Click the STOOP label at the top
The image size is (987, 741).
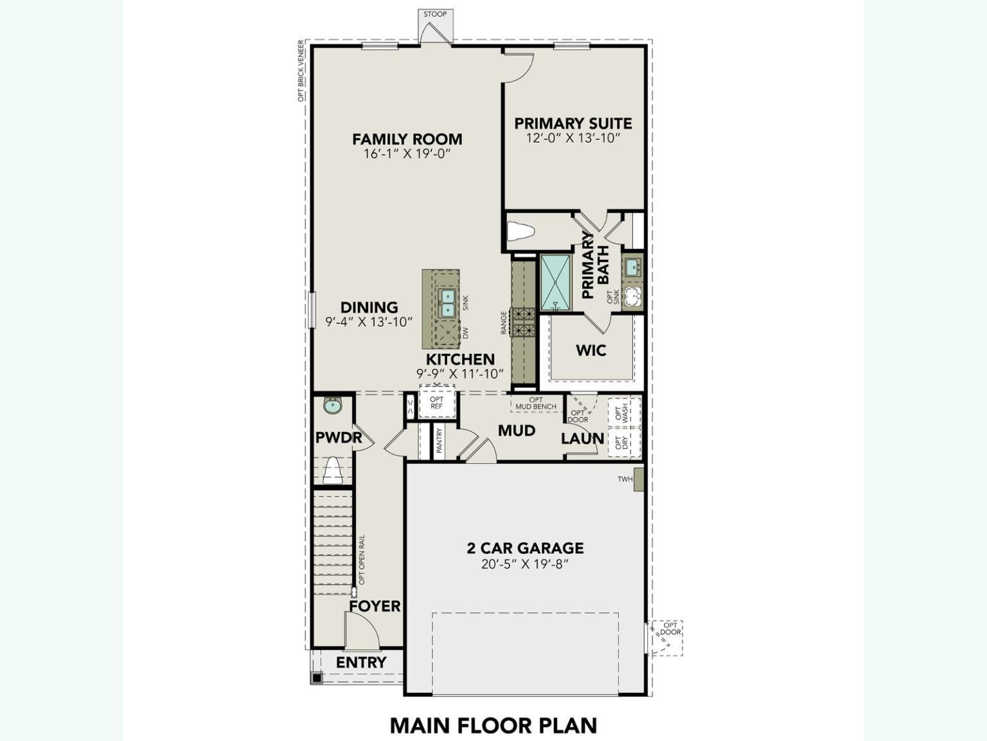tap(435, 14)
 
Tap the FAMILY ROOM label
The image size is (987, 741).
tap(407, 139)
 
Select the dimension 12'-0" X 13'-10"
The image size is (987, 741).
tap(573, 138)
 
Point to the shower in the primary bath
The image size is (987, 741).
tap(555, 282)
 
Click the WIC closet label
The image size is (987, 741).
tap(591, 351)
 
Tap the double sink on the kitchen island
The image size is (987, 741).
tap(447, 303)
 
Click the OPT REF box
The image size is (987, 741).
tap(437, 403)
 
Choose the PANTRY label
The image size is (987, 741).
tap(440, 441)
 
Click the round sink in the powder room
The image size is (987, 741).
tap(333, 406)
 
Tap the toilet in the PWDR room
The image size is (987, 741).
tap(332, 471)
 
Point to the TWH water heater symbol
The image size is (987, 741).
tap(638, 479)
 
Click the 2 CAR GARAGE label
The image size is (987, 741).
tap(525, 548)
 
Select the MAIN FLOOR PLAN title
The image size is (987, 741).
tap(493, 725)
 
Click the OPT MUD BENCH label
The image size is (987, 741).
tap(536, 403)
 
